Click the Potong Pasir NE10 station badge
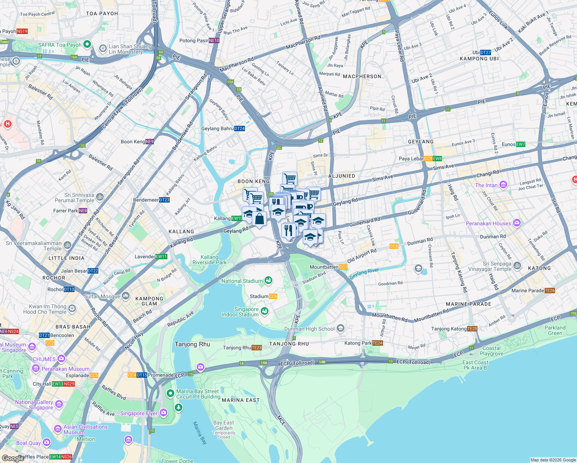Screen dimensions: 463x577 coord(214,41)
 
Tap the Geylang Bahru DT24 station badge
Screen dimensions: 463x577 coord(239,128)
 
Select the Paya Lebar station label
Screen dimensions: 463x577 coord(411,159)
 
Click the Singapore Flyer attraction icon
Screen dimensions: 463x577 coord(163,413)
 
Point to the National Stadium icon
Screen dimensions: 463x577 coord(268,281)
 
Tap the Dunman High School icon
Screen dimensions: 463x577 coord(340,328)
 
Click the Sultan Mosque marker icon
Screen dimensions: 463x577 coord(126,296)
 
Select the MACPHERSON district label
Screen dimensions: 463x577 coord(362,76)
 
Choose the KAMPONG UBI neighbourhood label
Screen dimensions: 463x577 coord(479,59)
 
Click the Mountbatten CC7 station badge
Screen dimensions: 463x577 coord(343,267)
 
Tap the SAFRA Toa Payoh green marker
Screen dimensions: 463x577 coord(87,44)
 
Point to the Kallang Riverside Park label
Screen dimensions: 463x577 coord(209,260)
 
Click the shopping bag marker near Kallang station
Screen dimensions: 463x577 coord(260,219)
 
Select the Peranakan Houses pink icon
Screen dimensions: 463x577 coord(517,223)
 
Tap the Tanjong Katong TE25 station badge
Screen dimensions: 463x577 coord(472,329)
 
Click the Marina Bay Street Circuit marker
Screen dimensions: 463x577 coord(170,393)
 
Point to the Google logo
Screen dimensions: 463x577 coord(13,458)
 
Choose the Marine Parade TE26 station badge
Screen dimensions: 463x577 coord(550,291)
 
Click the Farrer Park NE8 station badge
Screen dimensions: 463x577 coord(83,211)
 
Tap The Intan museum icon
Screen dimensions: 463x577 coord(503,185)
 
